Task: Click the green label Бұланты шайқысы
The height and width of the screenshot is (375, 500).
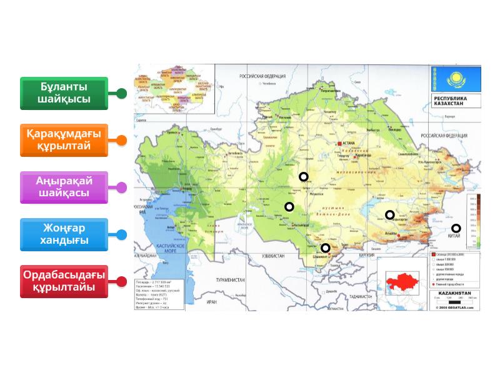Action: pos(64,92)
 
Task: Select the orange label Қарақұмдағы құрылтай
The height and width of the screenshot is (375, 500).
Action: pos(64,140)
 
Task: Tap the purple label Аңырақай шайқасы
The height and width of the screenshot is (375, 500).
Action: pos(64,187)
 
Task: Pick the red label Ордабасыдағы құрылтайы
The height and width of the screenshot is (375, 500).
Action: pos(64,281)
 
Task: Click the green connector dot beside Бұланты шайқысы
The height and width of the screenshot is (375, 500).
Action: pos(122,93)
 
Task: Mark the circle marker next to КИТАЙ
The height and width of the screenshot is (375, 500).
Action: pos(456,228)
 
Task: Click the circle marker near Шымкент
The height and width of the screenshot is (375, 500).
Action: pos(326,248)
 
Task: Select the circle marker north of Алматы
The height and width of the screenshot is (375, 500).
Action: pos(389,215)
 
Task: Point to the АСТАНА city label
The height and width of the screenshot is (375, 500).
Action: pos(348,142)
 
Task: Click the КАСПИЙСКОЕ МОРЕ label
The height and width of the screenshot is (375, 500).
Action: pos(167,249)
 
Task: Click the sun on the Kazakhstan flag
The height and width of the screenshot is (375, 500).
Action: pos(456,79)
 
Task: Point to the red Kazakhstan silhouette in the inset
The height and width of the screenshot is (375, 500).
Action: pos(401,280)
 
